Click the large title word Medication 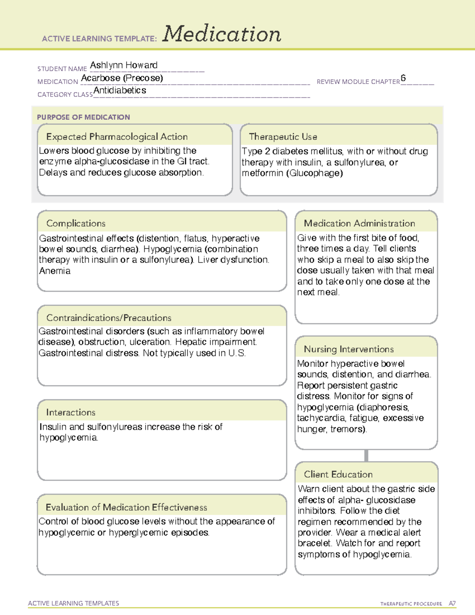click(x=222, y=34)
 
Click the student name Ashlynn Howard click(x=123, y=65)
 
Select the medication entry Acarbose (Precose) click(x=122, y=78)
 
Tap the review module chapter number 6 click(x=403, y=78)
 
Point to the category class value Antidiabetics click(x=120, y=90)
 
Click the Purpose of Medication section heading click(x=83, y=117)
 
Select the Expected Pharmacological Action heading click(x=117, y=137)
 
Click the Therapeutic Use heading click(x=283, y=137)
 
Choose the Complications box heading click(x=76, y=223)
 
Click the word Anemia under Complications click(x=55, y=271)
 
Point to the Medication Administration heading click(x=359, y=223)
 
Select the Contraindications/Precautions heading click(x=108, y=318)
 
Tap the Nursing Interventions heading click(x=348, y=349)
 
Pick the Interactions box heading click(x=70, y=412)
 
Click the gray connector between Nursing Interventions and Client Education click(x=366, y=455)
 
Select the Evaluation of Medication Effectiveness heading click(x=126, y=507)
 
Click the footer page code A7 click(x=452, y=604)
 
